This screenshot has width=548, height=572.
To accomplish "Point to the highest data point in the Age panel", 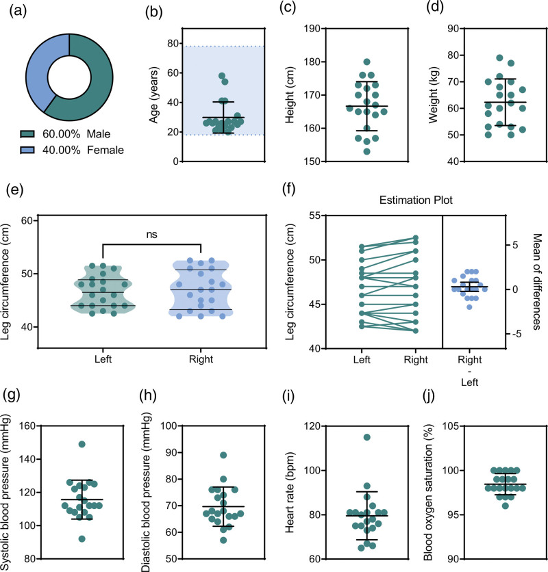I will click(222, 76).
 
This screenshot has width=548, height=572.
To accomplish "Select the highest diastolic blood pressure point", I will click(223, 455).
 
